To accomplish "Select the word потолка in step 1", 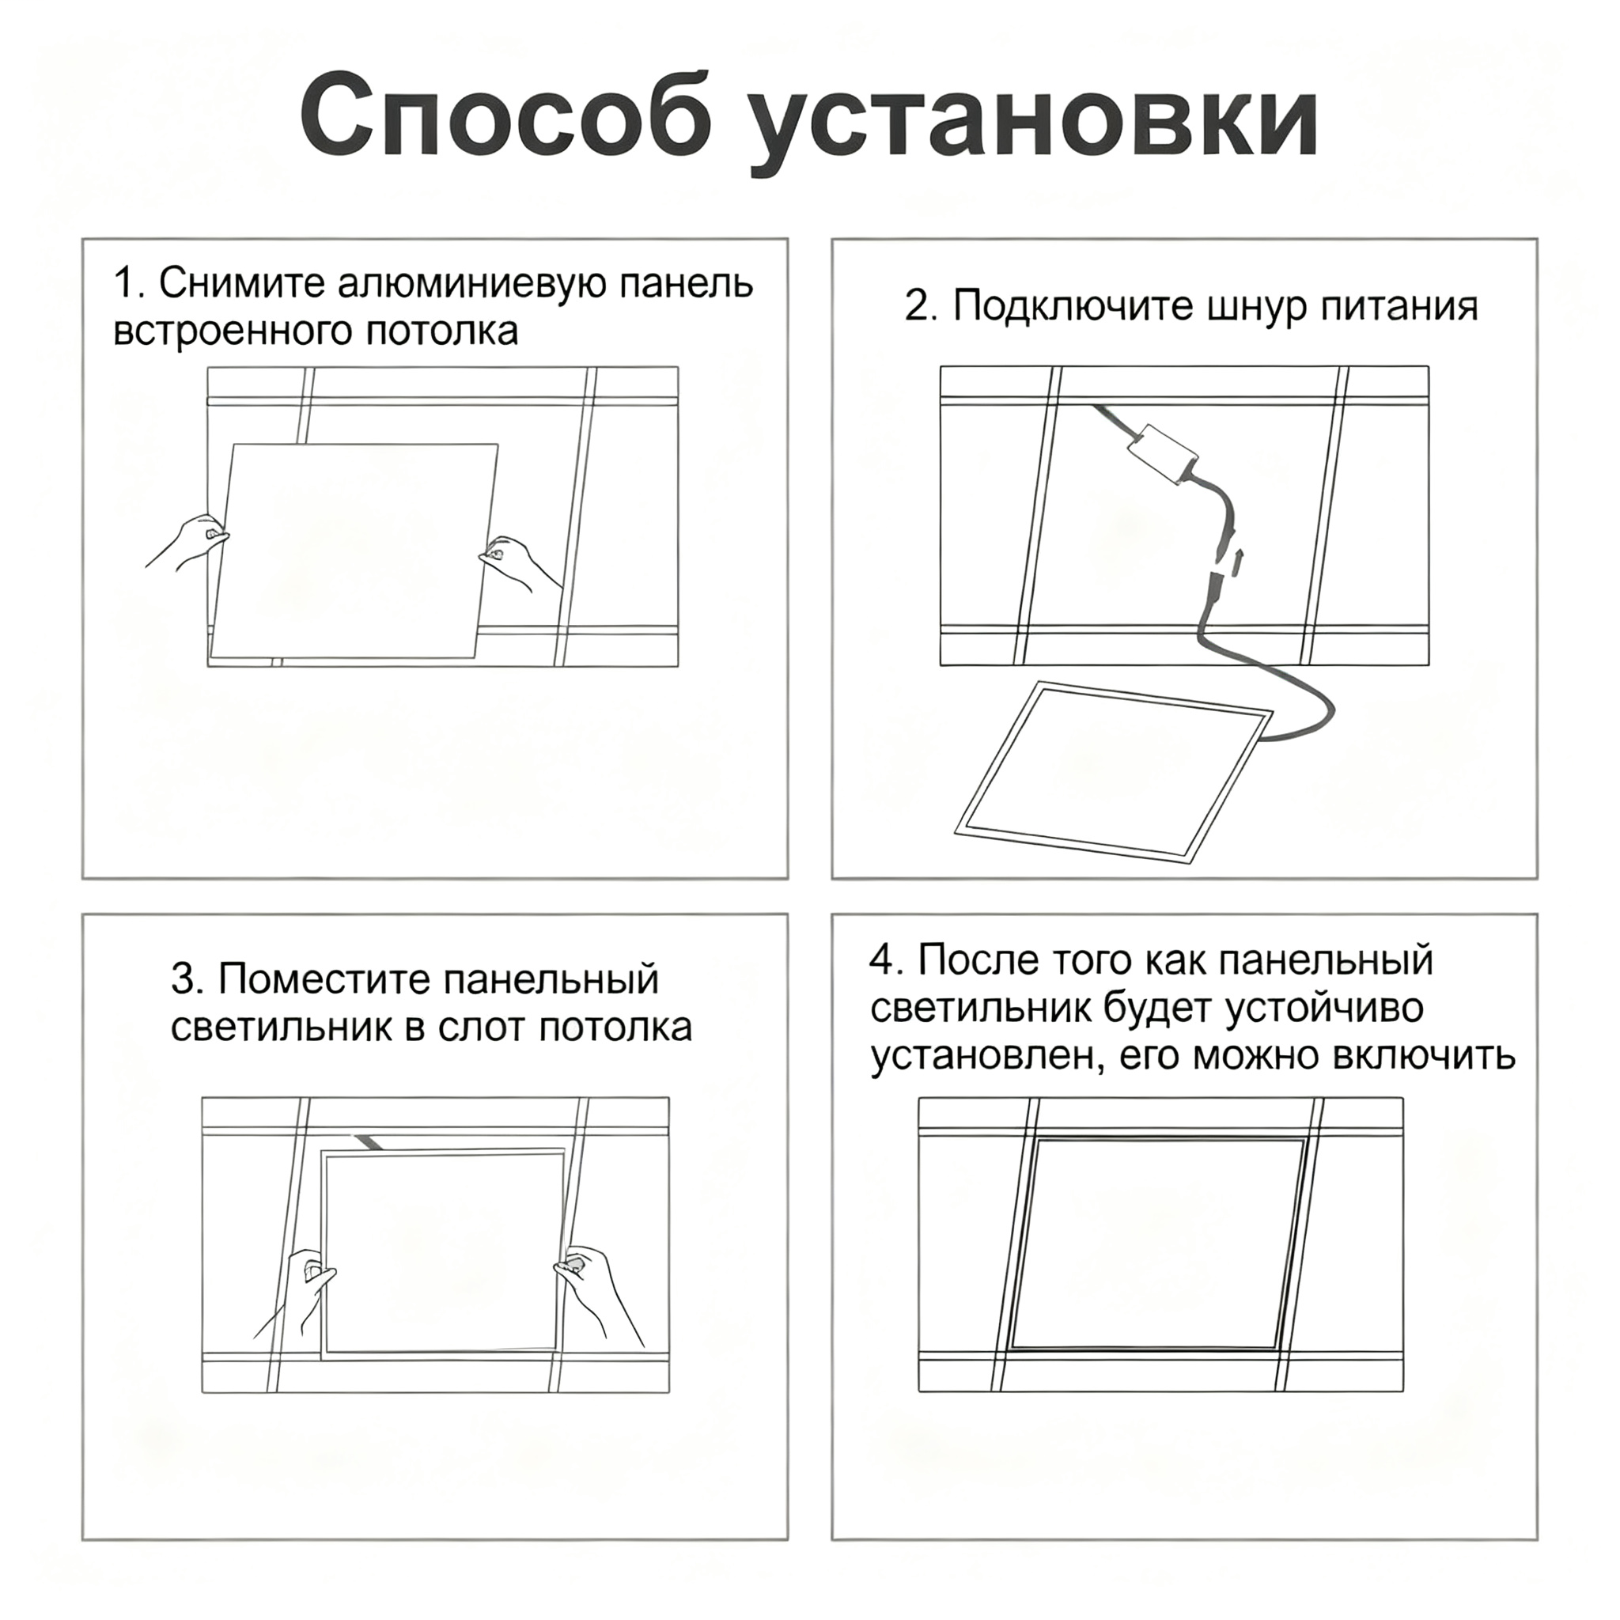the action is [442, 332].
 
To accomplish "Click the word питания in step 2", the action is [1399, 306].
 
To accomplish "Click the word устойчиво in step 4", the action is [1325, 1008].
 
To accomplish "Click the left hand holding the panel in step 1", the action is [189, 542].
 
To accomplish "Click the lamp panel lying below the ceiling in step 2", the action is [1114, 771].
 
